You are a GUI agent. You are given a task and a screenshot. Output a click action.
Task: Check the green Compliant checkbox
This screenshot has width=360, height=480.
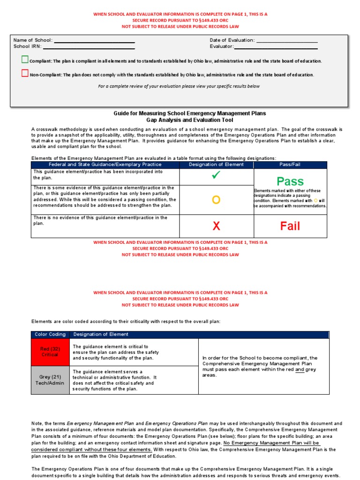click(25, 60)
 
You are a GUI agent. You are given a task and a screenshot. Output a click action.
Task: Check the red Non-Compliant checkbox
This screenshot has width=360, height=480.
click(25, 73)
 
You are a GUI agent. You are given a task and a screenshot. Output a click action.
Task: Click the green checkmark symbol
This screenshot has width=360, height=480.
click(216, 176)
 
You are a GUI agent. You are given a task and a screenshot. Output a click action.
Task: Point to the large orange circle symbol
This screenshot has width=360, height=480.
click(216, 200)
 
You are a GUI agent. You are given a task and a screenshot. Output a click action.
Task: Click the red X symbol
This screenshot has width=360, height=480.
click(216, 226)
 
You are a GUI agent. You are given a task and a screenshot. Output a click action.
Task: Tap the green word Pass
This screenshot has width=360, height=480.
click(290, 181)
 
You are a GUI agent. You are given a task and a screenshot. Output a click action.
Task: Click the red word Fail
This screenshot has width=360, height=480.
click(290, 226)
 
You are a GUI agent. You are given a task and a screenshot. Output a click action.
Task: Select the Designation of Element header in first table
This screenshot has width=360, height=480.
click(216, 165)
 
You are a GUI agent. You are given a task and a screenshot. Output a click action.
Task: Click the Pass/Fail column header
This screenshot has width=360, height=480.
click(290, 165)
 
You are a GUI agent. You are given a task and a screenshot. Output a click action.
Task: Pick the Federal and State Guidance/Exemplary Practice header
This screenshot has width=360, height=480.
click(105, 165)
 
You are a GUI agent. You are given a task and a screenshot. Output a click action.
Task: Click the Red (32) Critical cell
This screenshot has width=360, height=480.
click(50, 352)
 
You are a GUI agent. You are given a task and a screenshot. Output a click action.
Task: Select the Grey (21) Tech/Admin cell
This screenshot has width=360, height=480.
click(50, 380)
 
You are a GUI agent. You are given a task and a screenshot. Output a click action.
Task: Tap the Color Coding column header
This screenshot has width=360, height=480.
click(50, 334)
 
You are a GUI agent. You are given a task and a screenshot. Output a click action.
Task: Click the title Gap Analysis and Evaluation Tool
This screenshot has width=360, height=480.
click(189, 120)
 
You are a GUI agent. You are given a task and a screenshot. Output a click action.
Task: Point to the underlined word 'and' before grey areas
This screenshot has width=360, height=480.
click(300, 369)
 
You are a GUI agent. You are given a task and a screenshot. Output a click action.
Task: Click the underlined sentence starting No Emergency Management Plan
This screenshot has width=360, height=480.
click(272, 443)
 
